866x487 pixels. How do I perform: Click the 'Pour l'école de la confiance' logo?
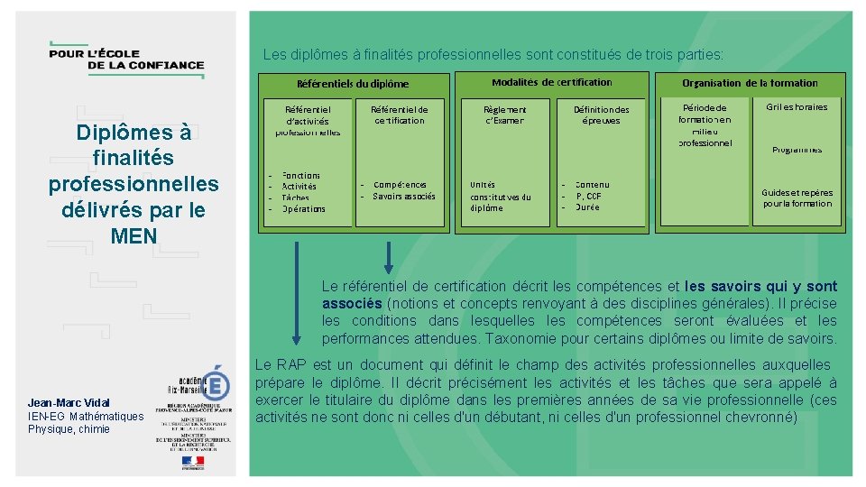126,59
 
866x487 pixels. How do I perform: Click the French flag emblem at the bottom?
192,461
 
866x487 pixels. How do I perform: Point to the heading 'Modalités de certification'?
551,82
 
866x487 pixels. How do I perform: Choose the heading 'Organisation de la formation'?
750,83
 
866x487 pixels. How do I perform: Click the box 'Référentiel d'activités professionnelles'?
308,120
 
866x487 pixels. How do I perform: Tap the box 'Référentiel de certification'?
399,115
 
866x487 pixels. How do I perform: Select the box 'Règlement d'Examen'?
504,115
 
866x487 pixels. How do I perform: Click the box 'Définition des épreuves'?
601,115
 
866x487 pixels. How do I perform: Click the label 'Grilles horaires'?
797,106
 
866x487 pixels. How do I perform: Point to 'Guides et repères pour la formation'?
797,198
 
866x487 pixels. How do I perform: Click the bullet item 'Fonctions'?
300,175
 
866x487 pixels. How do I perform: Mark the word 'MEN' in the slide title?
134,236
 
